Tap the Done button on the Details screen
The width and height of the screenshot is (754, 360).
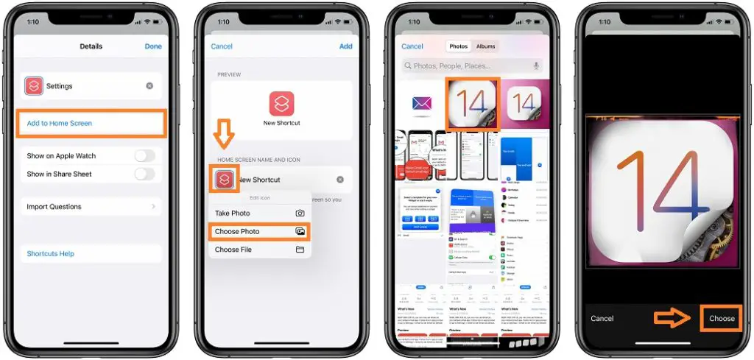[x=153, y=46]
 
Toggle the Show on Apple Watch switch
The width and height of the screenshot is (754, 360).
[x=144, y=156]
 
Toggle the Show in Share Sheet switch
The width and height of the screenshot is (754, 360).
[x=144, y=174]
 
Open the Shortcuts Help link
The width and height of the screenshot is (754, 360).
[x=51, y=254]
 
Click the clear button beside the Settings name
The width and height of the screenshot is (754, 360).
[x=149, y=86]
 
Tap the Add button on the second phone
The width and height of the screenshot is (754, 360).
[x=345, y=46]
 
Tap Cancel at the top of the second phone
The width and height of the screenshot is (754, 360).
[x=222, y=46]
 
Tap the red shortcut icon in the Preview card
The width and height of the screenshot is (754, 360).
[x=281, y=103]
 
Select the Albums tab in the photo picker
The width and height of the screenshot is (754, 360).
[x=486, y=46]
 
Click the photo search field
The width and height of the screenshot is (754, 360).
[x=471, y=66]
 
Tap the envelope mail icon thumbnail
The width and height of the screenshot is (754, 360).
[x=422, y=103]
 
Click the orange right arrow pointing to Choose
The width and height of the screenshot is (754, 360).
[x=672, y=318]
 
